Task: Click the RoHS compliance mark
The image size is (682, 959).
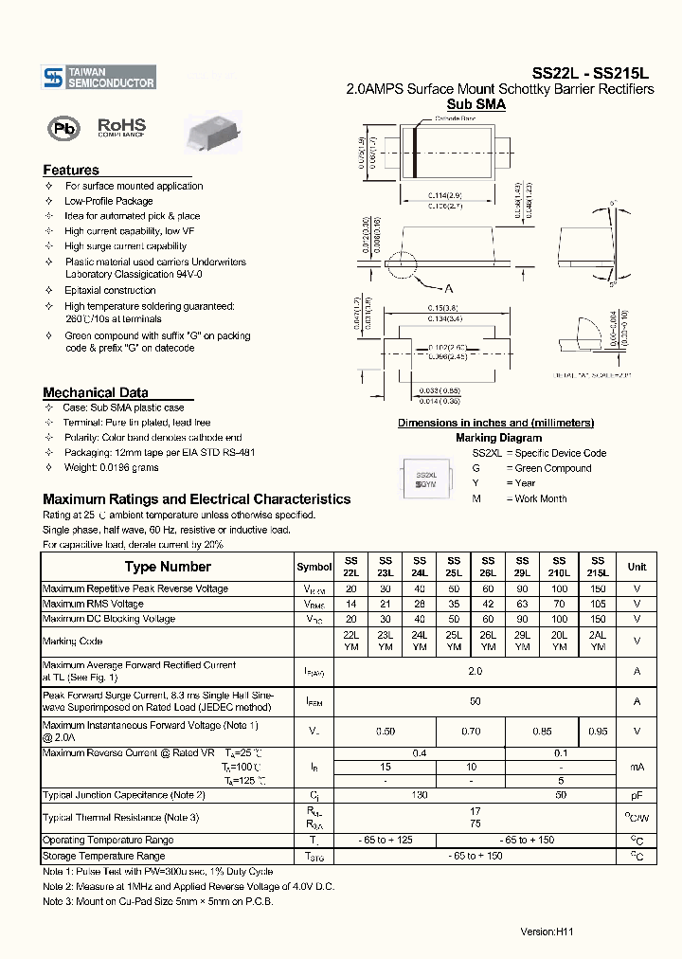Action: point(121,128)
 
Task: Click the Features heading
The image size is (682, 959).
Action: point(71,171)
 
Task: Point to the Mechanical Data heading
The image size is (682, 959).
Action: point(95,392)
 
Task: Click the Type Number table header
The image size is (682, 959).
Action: point(168,567)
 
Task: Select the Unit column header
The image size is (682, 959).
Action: point(637,567)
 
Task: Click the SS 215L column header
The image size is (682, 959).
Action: point(597,567)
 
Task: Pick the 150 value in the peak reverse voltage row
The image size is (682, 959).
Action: point(597,588)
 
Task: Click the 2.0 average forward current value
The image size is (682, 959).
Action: point(475,672)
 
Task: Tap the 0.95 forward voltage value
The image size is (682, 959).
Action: point(597,731)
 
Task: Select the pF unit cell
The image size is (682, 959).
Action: point(637,794)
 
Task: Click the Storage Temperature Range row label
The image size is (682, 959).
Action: point(104,856)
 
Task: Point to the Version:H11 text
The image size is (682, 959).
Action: point(547,932)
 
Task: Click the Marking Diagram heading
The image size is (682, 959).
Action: point(498,438)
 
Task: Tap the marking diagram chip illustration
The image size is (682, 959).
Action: point(426,479)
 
